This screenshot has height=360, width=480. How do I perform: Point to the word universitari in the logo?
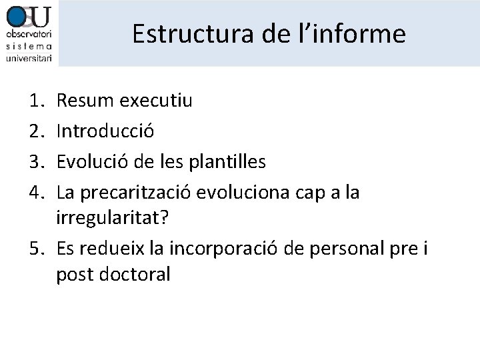29,57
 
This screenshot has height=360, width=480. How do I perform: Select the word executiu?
157,101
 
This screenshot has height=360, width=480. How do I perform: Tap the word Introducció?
106,131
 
